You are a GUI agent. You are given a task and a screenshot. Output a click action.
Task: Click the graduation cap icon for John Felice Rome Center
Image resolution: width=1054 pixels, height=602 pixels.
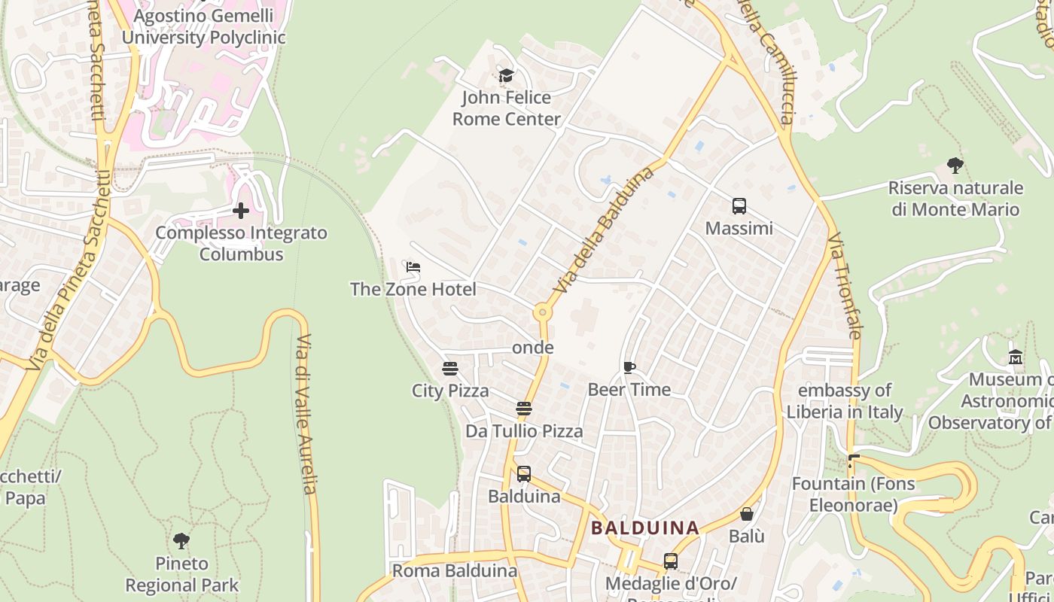506,75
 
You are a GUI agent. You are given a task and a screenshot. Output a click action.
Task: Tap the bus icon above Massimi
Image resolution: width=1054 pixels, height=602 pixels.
739,206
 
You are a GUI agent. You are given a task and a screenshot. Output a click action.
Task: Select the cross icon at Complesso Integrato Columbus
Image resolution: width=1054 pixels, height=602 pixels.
241,211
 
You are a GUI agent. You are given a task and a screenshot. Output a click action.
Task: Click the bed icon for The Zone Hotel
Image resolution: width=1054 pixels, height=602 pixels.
413,267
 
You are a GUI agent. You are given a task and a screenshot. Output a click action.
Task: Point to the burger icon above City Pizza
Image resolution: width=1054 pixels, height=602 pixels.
449,369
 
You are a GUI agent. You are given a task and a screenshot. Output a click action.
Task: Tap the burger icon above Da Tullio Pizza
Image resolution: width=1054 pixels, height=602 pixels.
524,409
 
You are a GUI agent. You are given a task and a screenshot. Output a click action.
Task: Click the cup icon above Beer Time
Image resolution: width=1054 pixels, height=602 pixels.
629,367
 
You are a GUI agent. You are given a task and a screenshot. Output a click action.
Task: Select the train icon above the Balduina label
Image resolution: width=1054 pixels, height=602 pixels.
524,474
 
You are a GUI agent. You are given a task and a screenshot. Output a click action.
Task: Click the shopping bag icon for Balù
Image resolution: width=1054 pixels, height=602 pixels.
747,514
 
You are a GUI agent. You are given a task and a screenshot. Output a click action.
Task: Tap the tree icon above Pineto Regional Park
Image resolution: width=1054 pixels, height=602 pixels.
181,540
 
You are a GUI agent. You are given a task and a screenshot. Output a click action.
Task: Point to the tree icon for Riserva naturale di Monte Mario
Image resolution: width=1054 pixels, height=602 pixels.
955,165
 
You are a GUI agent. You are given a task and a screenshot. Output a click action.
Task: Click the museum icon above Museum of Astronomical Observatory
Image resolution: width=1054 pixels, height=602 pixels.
1015,357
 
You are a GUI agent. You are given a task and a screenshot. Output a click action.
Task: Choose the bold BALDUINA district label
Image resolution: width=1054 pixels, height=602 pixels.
645,528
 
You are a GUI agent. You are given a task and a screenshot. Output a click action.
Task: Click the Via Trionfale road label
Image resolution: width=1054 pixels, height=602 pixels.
844,285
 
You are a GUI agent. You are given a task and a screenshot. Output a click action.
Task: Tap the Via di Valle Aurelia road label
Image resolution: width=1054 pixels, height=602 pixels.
305,414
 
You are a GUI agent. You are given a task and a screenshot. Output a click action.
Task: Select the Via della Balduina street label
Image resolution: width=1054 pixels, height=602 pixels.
604,230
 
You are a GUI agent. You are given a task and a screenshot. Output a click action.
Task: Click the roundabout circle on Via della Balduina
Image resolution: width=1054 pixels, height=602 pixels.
541,312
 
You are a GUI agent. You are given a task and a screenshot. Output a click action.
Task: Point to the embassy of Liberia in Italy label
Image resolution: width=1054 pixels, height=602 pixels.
844,401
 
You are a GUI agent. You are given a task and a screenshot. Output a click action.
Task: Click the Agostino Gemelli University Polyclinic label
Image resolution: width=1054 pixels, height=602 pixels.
203,26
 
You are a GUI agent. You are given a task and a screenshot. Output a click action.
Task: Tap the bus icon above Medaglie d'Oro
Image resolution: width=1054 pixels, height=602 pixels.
670,561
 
